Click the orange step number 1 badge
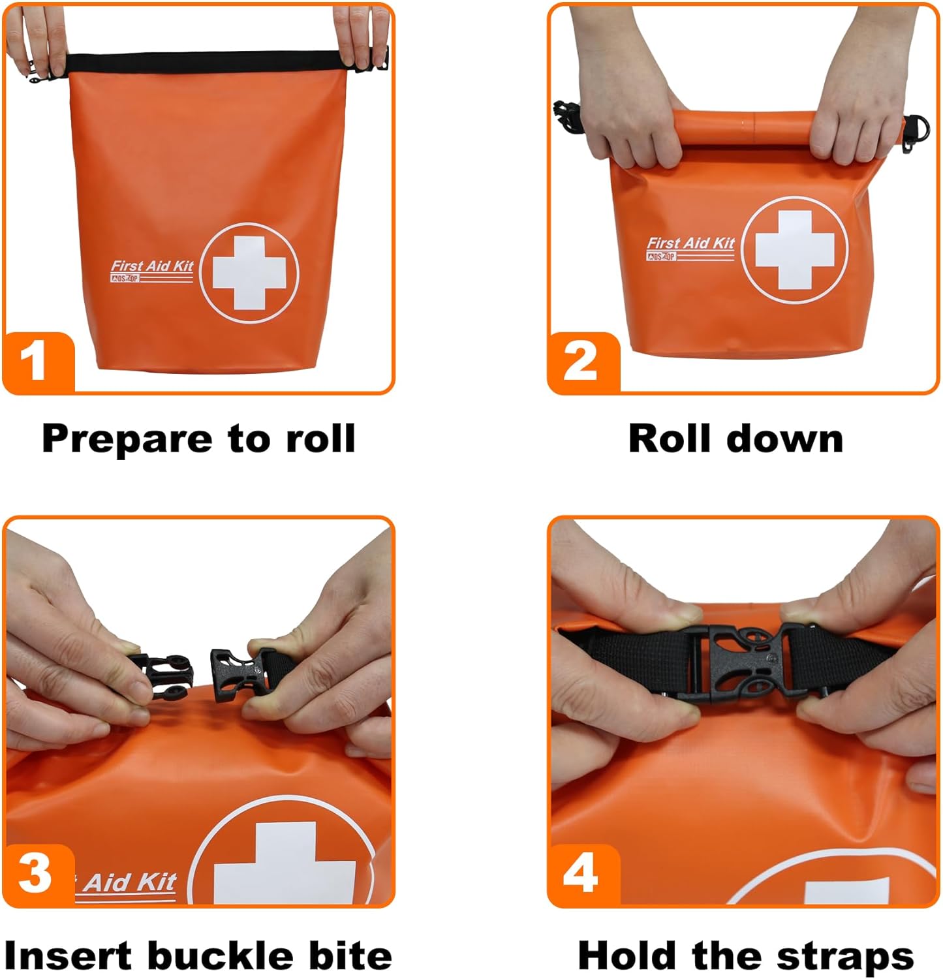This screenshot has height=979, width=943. coord(36,361)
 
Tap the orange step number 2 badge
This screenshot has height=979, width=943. coord(581,361)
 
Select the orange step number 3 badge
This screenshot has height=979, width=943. coord(36,873)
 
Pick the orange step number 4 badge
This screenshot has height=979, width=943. coord(581,873)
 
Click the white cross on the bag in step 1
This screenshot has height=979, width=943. coord(249,273)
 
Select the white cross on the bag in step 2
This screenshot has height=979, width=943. coord(794,250)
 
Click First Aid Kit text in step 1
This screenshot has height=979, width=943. coord(152,266)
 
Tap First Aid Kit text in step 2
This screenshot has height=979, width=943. coord(690,243)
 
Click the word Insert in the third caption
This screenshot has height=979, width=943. coord(69,956)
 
